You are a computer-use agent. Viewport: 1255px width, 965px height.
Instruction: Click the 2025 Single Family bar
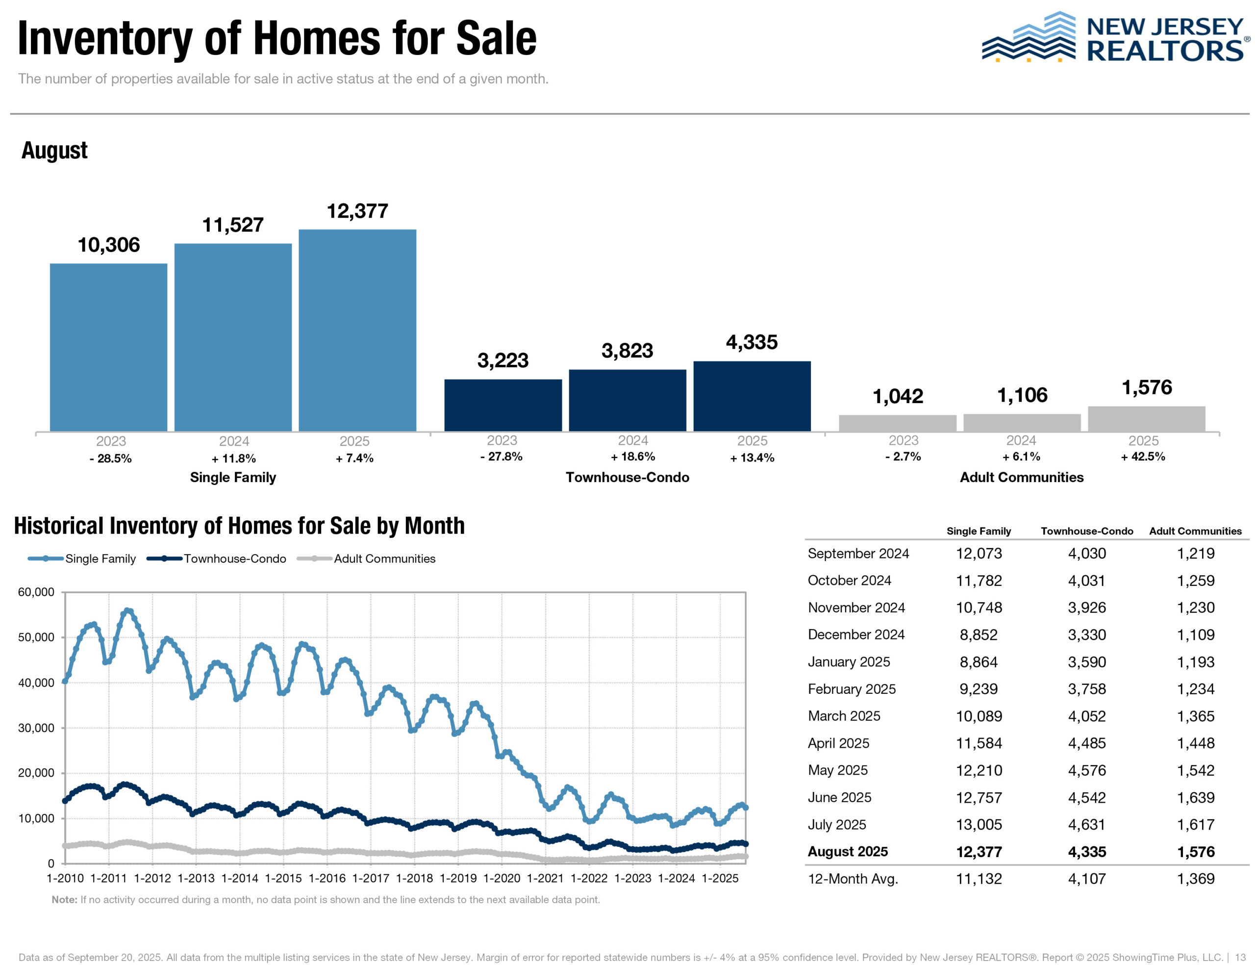[x=357, y=330]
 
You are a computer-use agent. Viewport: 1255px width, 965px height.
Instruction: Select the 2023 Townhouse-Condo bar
[x=503, y=405]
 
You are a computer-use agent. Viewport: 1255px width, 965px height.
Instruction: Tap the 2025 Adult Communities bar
[x=1146, y=419]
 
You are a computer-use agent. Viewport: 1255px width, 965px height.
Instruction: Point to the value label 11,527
[x=232, y=225]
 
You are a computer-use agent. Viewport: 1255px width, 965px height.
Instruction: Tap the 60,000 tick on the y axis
[x=36, y=592]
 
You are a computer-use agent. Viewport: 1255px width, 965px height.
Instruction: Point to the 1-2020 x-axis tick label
[x=501, y=878]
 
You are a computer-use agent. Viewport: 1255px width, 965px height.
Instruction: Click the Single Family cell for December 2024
[x=979, y=635]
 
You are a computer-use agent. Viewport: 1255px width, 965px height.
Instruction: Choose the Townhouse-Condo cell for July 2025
[x=1086, y=825]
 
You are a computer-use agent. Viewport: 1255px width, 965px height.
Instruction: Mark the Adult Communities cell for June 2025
[x=1195, y=798]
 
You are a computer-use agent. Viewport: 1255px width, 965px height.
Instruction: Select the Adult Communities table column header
[x=1195, y=532]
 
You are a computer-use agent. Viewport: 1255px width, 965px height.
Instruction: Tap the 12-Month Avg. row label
[x=853, y=879]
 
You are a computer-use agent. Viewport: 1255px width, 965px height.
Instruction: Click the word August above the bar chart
[x=54, y=151]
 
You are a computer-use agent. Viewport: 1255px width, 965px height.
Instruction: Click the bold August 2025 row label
[x=848, y=852]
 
